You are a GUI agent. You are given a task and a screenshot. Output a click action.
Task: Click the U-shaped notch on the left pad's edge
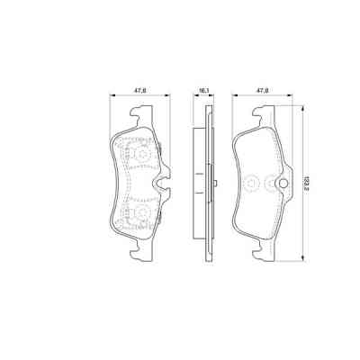coord(162,190)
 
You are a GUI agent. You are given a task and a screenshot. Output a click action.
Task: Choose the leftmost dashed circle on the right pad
coord(253,184)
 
